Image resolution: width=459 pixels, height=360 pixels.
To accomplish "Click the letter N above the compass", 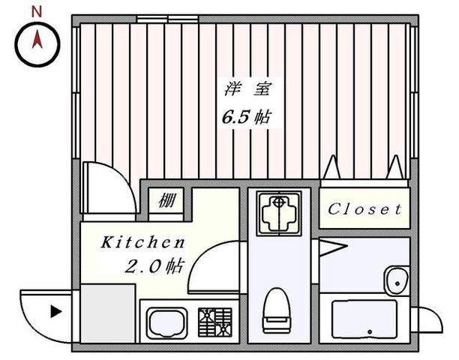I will pyautogui.click(x=34, y=11).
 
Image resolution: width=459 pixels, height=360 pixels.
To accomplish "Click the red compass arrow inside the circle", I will pyautogui.click(x=34, y=42).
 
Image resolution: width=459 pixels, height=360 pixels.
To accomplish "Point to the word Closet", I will pyautogui.click(x=365, y=209).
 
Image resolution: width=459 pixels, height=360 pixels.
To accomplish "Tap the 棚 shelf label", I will pyautogui.click(x=166, y=200).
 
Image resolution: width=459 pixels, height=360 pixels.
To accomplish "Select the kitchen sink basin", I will pyautogui.click(x=166, y=323).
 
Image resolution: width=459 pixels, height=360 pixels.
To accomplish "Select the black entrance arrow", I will pyautogui.click(x=55, y=310).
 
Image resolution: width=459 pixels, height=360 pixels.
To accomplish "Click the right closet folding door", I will pyautogui.click(x=393, y=169).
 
